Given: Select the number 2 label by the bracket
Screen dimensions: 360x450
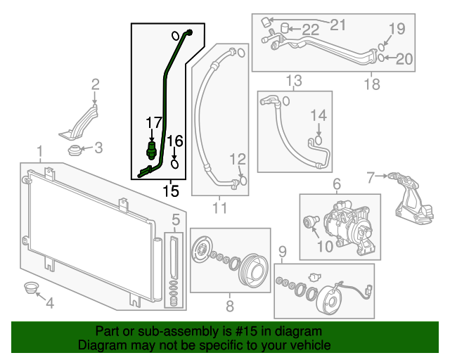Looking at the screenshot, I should point(96,86).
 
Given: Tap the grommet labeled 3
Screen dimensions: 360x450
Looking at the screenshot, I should point(73,149).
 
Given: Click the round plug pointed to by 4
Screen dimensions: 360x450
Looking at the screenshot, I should point(31,288).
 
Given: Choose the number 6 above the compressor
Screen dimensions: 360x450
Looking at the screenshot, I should point(336,184).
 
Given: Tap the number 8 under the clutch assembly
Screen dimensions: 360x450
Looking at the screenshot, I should point(229,306).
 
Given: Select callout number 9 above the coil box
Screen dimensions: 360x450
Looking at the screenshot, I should point(283,252).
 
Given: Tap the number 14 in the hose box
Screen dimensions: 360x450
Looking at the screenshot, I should point(319,115).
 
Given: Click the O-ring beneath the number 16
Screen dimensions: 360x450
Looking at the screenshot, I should point(175,165).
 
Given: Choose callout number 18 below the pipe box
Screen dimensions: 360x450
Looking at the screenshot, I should point(372,84).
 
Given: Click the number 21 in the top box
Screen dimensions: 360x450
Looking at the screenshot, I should point(338,26).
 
